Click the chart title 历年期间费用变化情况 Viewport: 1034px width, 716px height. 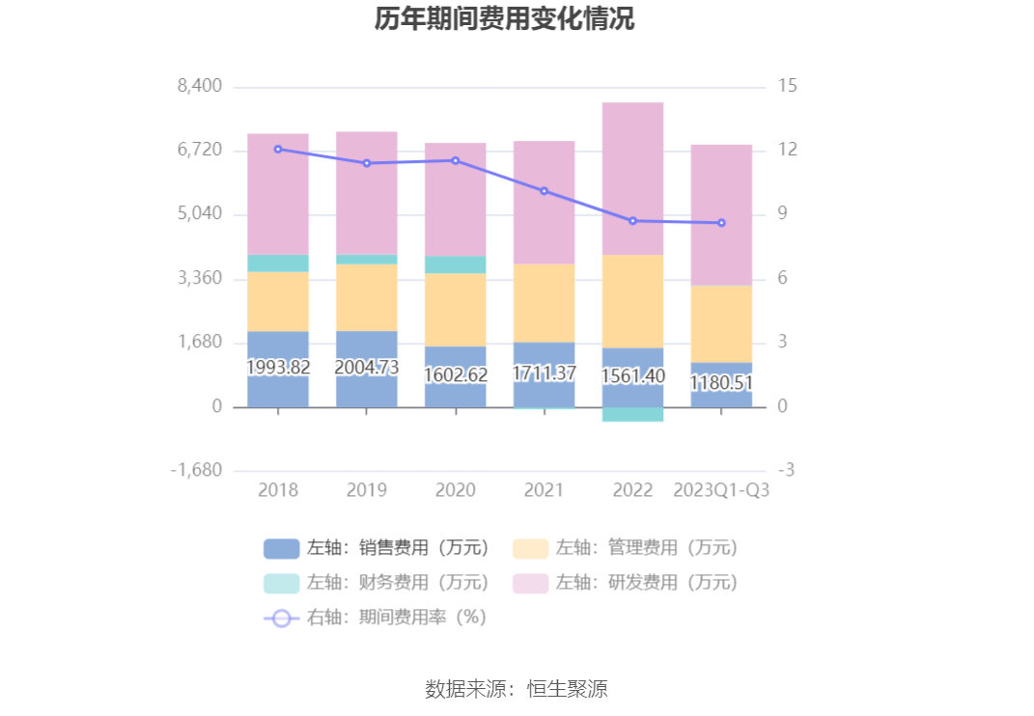tap(504, 19)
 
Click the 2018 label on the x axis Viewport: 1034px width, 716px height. tap(278, 490)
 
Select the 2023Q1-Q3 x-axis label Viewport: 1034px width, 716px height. tap(721, 490)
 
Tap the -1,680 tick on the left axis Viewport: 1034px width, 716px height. tap(197, 471)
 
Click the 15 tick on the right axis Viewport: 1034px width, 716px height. tap(788, 86)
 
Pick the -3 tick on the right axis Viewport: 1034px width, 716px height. tap(788, 471)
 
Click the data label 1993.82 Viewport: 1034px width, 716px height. tap(278, 368)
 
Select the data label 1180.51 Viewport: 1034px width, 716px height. tap(721, 383)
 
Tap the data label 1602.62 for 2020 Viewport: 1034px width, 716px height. tap(456, 375)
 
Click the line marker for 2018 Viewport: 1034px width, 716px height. tap(278, 149)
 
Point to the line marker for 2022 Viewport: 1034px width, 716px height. tap(633, 221)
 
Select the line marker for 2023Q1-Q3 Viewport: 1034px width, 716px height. tap(721, 223)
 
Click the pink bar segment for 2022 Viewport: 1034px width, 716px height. tap(633, 179)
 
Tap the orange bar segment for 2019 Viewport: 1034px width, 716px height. tap(367, 297)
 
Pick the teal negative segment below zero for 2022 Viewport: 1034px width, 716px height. tap(633, 414)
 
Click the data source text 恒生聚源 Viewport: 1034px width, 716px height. tap(567, 689)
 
